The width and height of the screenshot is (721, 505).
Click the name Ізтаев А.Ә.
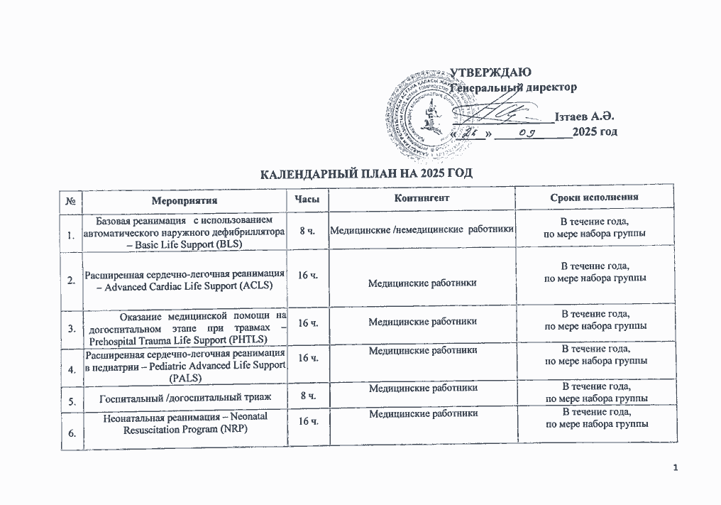(586, 116)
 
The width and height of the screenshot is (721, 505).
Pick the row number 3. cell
(72, 328)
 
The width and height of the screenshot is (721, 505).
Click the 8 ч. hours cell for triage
(307, 396)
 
